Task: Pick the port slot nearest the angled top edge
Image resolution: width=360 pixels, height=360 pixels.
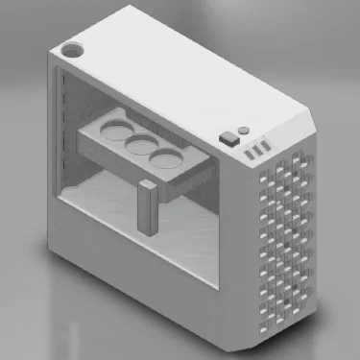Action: (x=266, y=146)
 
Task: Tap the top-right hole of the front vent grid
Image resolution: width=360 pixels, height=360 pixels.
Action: (x=306, y=156)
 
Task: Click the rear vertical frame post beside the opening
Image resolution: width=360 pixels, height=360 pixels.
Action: (x=52, y=154)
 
